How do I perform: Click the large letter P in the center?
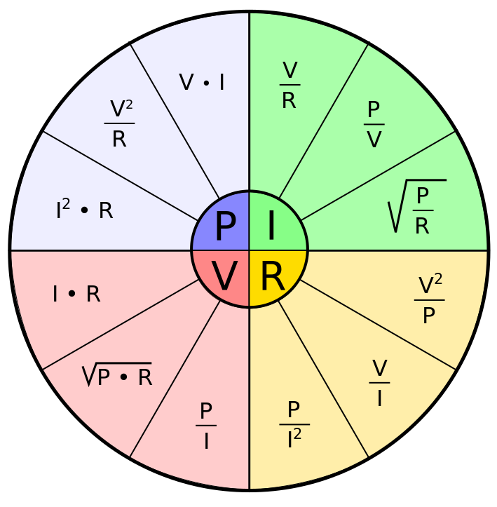pos(224,227)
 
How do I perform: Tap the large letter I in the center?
pos(271,227)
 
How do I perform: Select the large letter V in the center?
pos(224,277)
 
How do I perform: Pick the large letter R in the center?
pos(273,277)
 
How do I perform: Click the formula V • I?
pos(202,83)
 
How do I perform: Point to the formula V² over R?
pos(119,123)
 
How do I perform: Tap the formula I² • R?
pos(84,210)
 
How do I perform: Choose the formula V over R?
pos(289,86)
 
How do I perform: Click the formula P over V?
pos(374,125)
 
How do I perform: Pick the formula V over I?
pos(379,384)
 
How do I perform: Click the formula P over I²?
pos(294,425)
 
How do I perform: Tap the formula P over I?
pos(206,426)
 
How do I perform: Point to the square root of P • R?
pos(117,377)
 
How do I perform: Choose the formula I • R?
pos(76,295)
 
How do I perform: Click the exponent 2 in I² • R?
pos(66,203)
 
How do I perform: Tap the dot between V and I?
pos(205,83)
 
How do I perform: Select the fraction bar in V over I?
pos(379,384)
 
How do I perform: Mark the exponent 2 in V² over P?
pos(438,279)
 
